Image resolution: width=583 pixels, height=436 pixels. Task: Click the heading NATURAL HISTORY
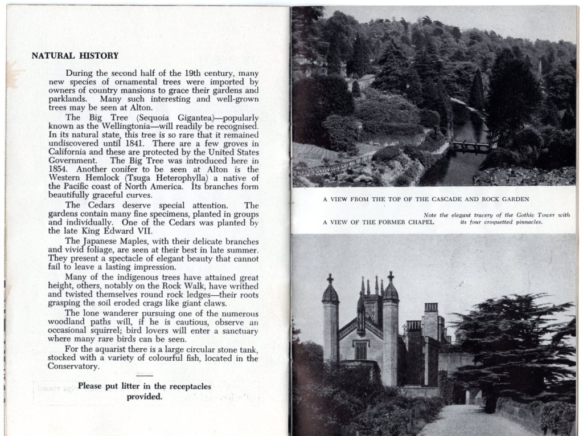75,56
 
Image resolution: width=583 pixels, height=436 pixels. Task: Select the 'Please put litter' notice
145,392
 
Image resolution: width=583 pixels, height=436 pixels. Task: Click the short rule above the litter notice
145,376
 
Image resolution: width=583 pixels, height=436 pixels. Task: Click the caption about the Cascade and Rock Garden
426,199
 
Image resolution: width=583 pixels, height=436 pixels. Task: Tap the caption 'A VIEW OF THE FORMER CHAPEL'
378,222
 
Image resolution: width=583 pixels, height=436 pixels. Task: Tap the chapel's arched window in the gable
360,349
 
